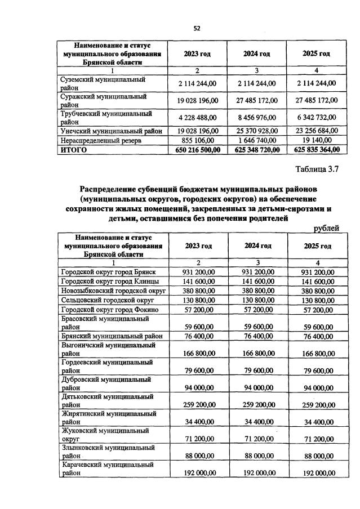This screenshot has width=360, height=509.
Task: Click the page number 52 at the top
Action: point(197,28)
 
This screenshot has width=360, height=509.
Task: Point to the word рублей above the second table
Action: point(326,228)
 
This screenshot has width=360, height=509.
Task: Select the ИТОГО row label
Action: point(73,149)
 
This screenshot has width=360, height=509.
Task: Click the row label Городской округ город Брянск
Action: point(108,272)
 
